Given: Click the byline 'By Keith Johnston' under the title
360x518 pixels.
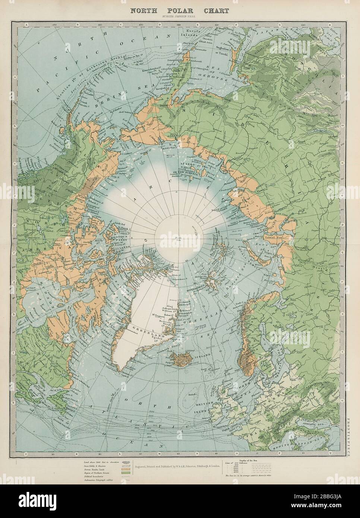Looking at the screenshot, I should point(179,17).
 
